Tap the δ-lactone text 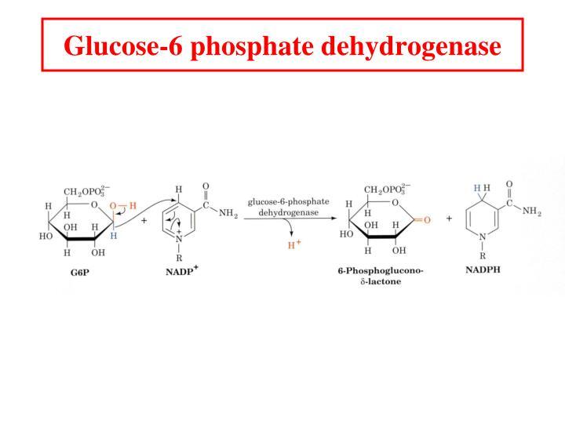[x=380, y=282]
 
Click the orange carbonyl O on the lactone [x=427, y=220]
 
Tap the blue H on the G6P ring [x=114, y=235]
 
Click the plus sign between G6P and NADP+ [x=144, y=220]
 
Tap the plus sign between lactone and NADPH [x=449, y=219]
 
